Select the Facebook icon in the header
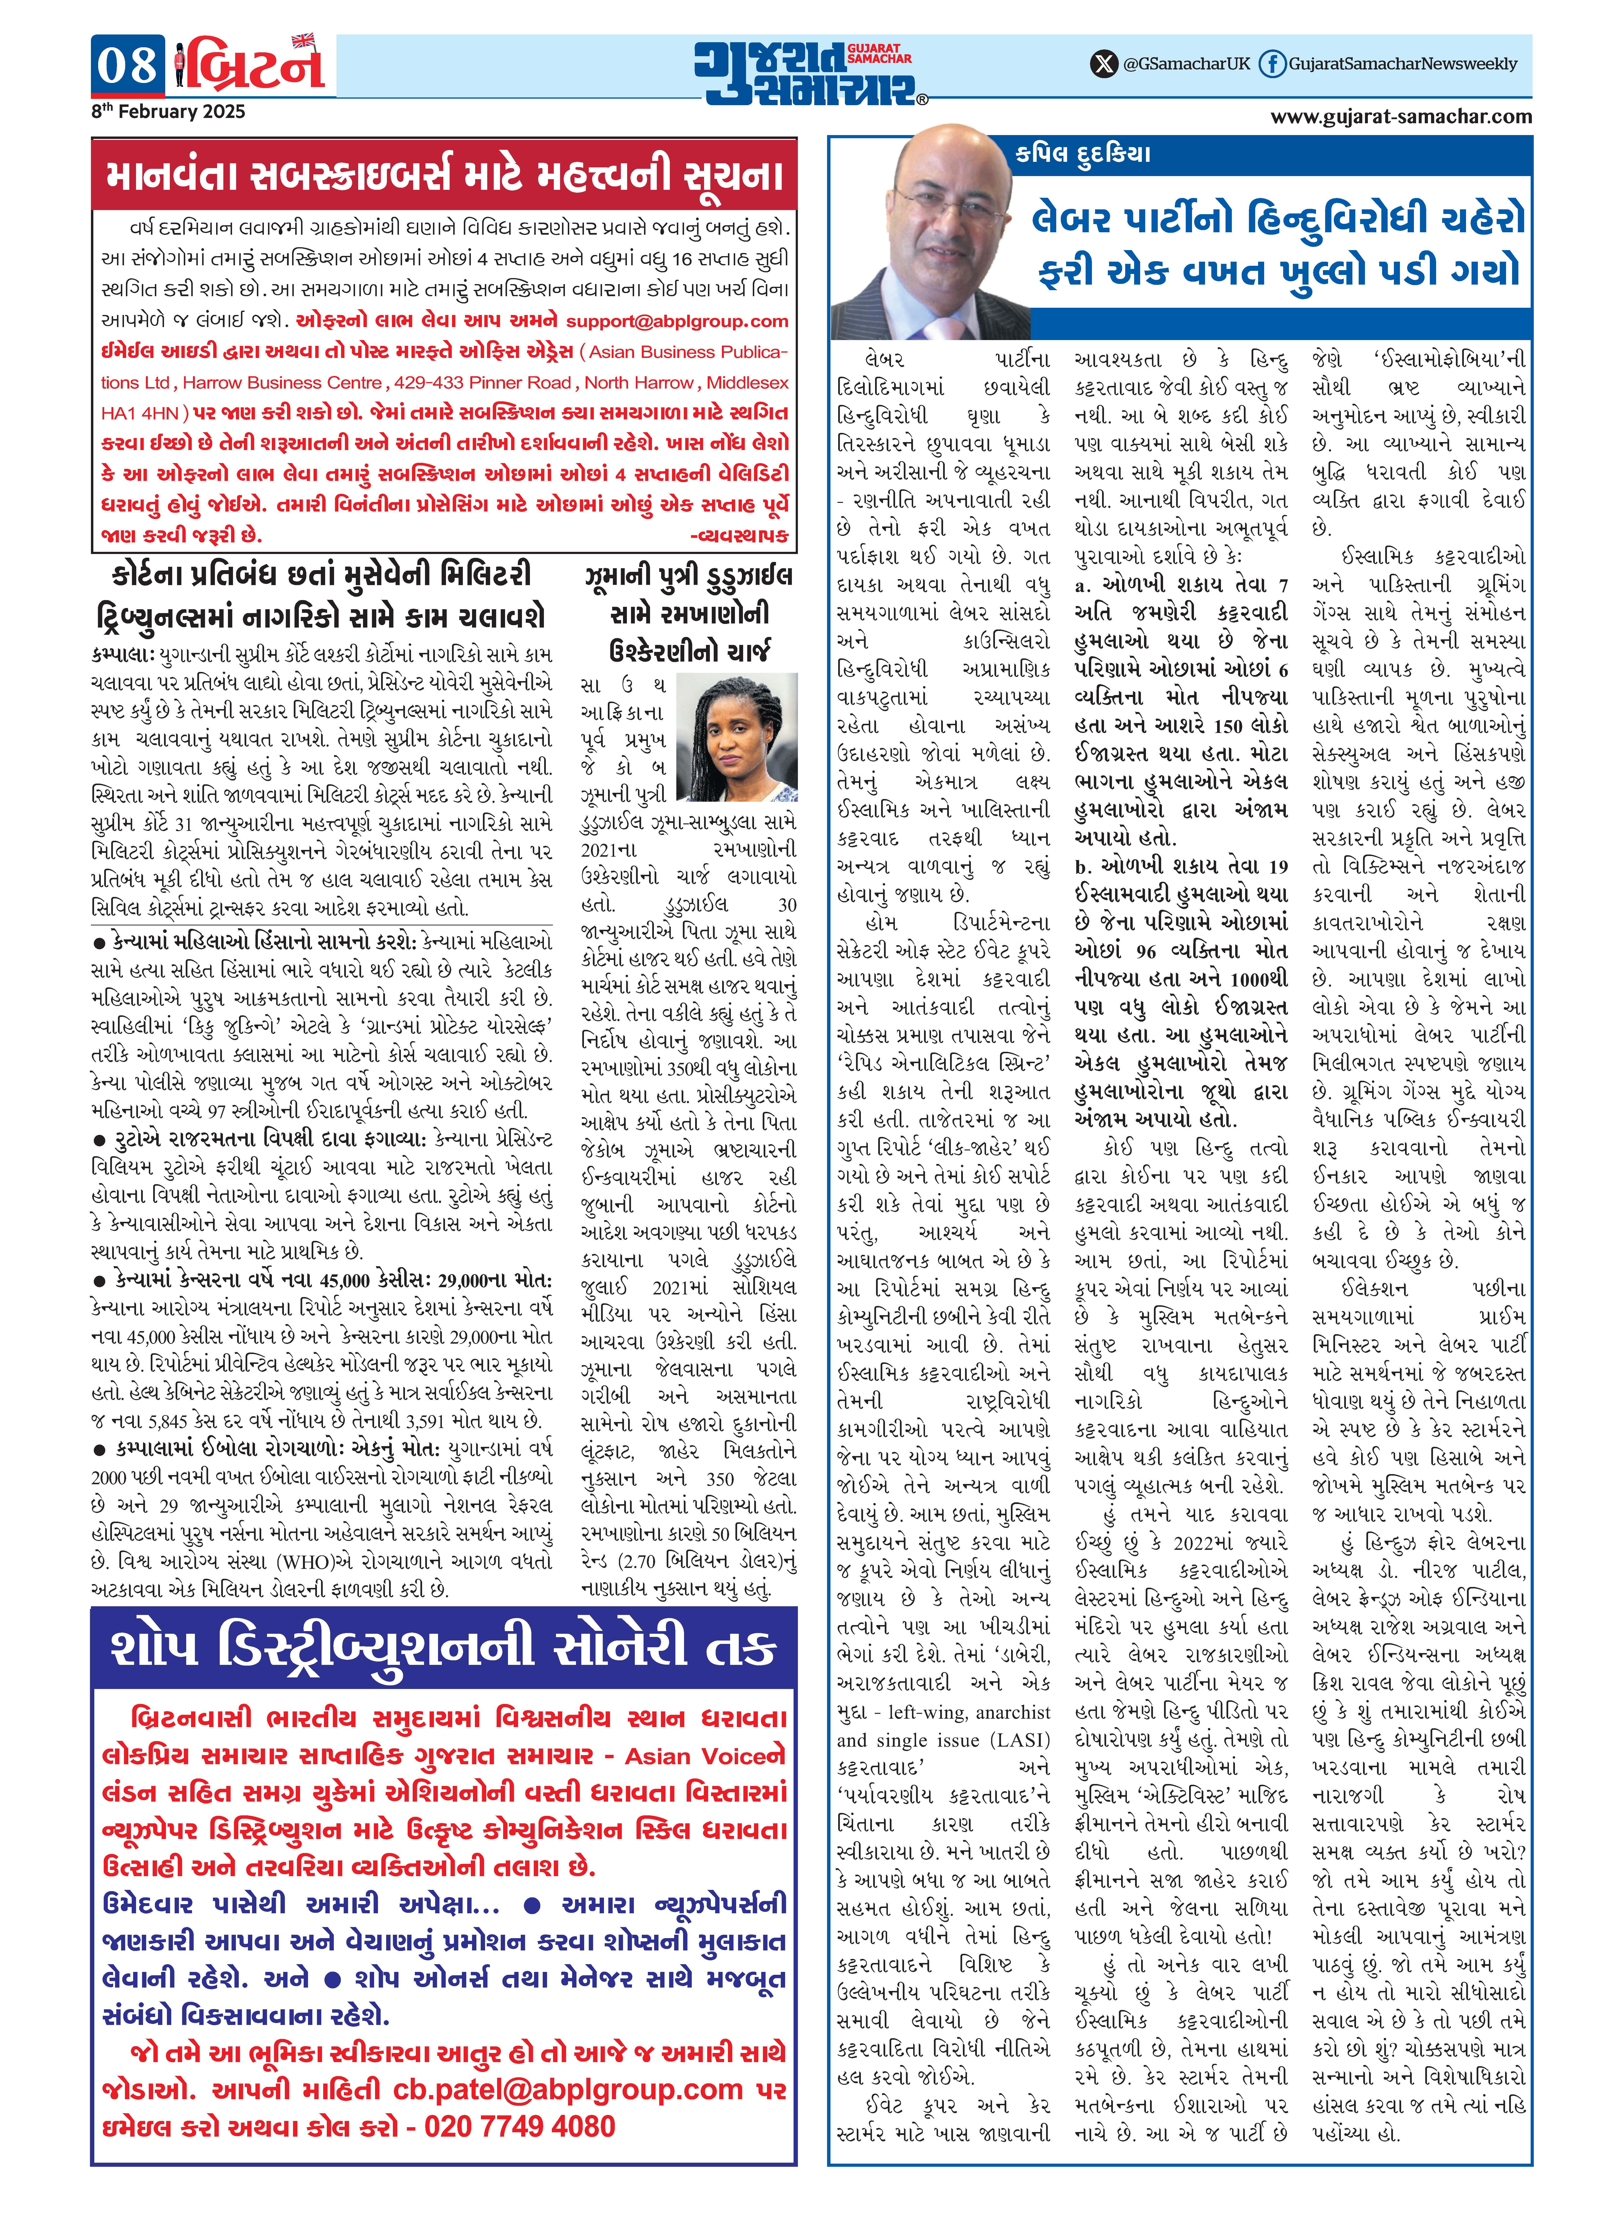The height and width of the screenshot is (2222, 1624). click(1272, 64)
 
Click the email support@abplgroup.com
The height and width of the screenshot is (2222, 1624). click(677, 320)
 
